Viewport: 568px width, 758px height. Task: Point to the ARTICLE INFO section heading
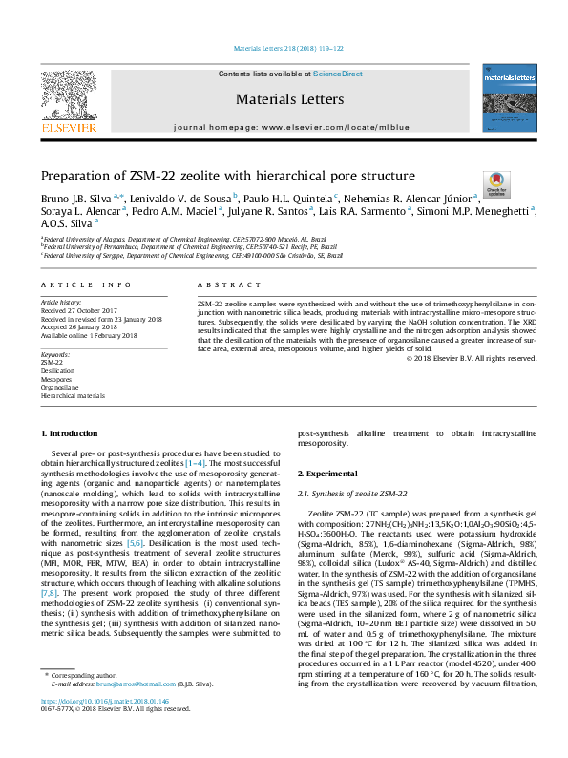click(85, 285)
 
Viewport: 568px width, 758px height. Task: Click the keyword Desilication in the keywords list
click(57, 370)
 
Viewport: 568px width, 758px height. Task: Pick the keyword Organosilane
click(60, 387)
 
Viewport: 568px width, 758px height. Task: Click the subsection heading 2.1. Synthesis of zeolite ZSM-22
click(352, 493)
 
